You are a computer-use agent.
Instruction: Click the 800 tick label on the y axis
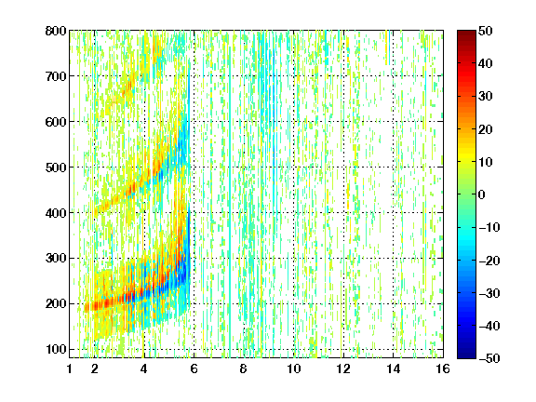56,31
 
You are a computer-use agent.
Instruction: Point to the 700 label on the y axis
56,76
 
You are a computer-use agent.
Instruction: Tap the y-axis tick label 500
56,167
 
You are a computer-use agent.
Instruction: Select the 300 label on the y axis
56,259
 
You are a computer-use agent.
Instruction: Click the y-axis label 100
56,349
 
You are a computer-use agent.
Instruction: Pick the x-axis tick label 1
70,368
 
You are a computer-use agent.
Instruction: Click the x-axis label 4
144,368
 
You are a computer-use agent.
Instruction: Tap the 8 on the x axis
243,368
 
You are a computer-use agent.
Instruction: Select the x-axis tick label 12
343,368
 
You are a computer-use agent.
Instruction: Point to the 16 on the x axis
443,368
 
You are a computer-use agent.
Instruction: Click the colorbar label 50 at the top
486,31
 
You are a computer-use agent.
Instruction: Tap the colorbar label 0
482,194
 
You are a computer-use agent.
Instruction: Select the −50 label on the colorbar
489,358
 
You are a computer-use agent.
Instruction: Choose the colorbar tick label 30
486,97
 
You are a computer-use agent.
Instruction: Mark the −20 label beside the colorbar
489,261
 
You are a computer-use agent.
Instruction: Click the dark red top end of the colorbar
466,33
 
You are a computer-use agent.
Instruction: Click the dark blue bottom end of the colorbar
466,355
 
